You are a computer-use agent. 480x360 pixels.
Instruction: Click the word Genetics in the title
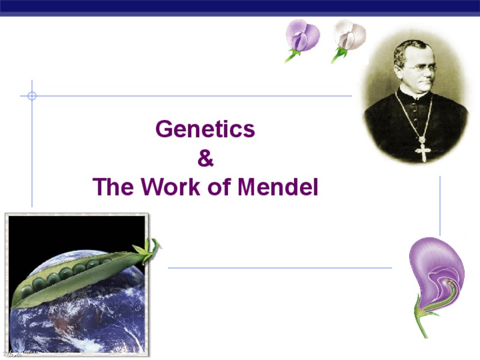point(205,130)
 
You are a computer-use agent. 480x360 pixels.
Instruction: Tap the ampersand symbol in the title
point(205,159)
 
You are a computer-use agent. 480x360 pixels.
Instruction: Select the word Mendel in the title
point(278,188)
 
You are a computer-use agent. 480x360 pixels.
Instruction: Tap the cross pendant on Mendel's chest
point(423,148)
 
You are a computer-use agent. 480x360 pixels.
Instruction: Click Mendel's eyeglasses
point(424,68)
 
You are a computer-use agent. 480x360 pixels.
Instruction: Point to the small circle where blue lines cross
point(32,95)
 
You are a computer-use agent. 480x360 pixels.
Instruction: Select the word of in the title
point(219,188)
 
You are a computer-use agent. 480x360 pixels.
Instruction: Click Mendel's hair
point(414,48)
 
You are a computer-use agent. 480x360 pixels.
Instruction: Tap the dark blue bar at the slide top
point(240,7)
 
